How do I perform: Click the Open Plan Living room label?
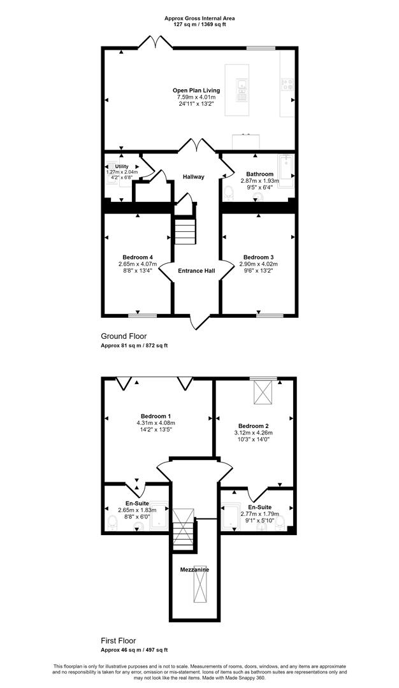[x=196, y=90]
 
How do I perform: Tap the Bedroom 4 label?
[x=138, y=257]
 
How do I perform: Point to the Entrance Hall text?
[x=196, y=271]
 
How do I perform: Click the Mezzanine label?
[x=194, y=570]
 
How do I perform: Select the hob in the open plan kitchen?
[x=287, y=84]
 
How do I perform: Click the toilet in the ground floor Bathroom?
[x=228, y=193]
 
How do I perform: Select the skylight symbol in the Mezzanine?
[x=200, y=578]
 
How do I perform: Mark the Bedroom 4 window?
[x=143, y=315]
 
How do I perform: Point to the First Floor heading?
[x=121, y=641]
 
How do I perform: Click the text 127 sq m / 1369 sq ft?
[x=199, y=25]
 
